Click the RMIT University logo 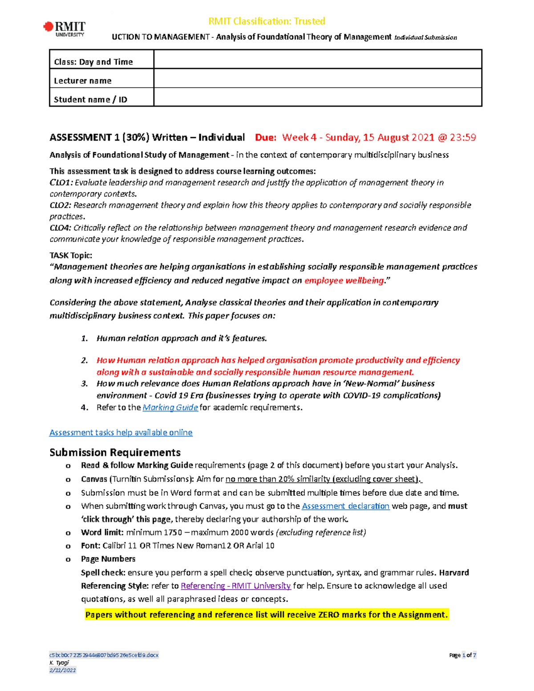click(65, 29)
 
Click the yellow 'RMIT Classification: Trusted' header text click(267, 21)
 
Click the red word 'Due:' click(266, 137)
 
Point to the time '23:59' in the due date click(462, 137)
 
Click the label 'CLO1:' click(61, 182)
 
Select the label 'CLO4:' click(61, 228)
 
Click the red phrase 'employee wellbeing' click(344, 280)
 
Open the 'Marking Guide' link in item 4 click(170, 408)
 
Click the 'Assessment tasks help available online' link click(121, 432)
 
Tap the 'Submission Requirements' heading click(115, 453)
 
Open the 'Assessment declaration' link click(345, 506)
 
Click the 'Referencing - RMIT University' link click(235, 586)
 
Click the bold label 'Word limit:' click(102, 532)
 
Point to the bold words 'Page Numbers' click(108, 559)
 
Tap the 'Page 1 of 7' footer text click(462, 655)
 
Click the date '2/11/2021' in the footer click(62, 670)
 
